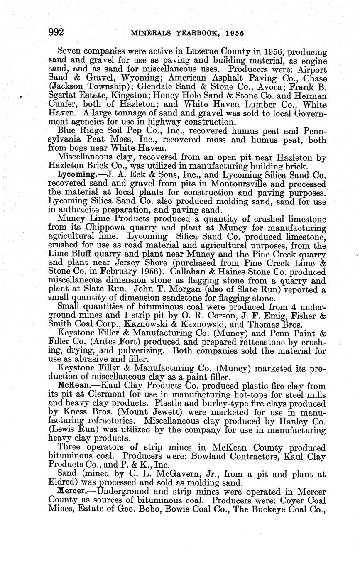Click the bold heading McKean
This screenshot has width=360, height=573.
73,386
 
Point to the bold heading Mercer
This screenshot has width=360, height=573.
73,491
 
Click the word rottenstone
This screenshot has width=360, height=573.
228,341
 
